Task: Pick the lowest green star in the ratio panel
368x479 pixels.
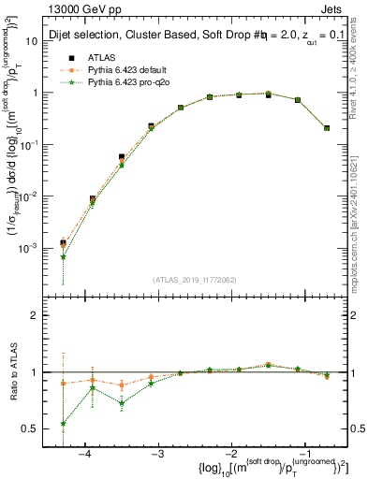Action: pos(63,424)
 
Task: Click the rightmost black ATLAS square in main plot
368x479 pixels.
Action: pos(327,128)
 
